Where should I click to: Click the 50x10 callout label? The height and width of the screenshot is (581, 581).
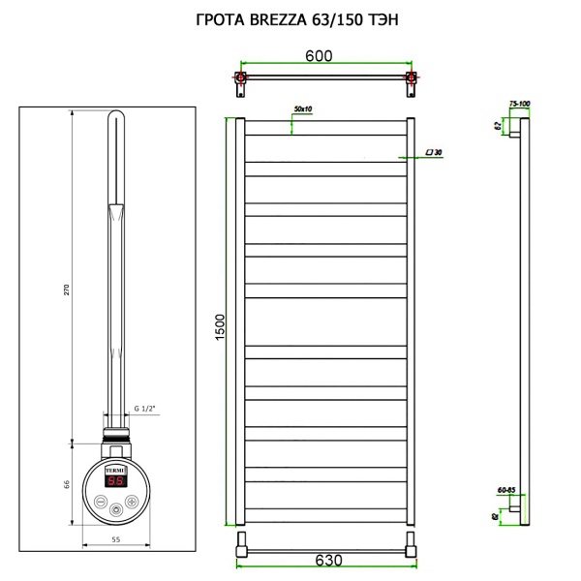(302, 109)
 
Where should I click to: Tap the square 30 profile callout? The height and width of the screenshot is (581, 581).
(434, 153)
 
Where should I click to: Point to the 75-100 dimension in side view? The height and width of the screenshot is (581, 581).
(519, 104)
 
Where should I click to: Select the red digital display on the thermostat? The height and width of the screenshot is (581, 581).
(115, 480)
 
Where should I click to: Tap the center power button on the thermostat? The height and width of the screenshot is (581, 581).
(116, 506)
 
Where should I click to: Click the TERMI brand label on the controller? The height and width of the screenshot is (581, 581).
(115, 465)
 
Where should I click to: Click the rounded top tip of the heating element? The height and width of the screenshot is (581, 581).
(115, 117)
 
